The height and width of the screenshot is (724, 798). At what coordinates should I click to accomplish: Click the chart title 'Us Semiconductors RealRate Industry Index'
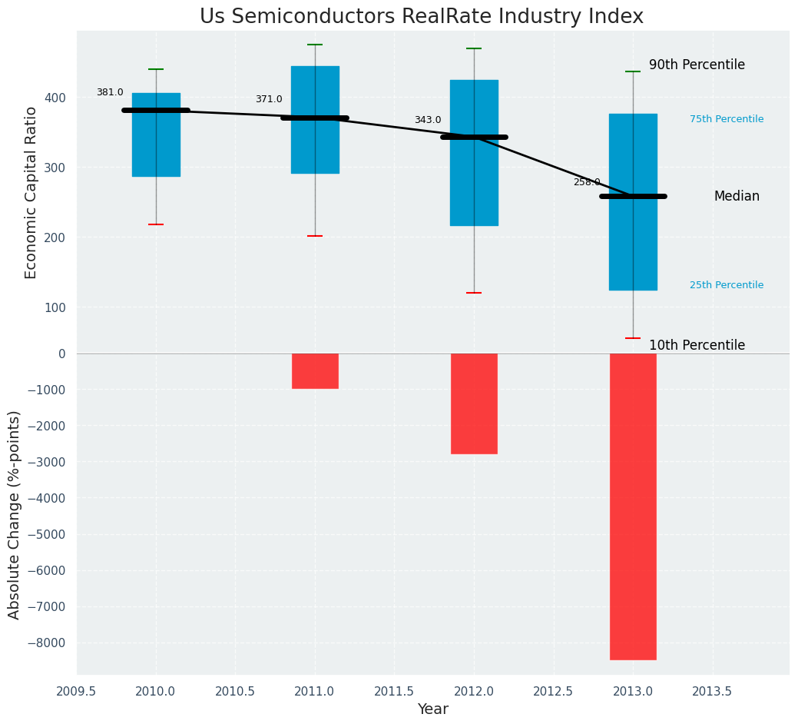422,16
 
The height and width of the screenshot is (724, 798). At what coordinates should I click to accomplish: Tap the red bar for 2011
315,370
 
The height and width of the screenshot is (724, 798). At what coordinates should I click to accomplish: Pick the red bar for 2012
474,403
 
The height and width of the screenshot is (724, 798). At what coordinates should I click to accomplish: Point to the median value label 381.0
110,92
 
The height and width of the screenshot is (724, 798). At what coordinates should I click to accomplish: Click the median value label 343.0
428,120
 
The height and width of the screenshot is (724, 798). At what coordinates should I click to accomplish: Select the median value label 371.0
269,99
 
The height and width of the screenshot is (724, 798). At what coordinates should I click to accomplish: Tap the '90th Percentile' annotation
697,65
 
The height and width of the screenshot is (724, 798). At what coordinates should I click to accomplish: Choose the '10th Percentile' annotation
697,345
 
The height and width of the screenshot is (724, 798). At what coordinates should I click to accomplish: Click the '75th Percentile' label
727,119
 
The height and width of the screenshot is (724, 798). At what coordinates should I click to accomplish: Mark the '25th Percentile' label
727,285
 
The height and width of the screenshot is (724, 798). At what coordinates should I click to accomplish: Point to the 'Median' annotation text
737,196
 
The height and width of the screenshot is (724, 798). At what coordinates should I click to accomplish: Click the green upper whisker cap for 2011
315,45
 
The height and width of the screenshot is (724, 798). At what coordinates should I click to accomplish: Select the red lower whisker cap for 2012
474,293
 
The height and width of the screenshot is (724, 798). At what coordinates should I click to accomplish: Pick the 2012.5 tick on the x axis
554,691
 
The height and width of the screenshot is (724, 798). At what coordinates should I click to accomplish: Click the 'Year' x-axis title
433,709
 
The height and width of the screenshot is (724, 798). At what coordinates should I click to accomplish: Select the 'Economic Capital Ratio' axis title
31,192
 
